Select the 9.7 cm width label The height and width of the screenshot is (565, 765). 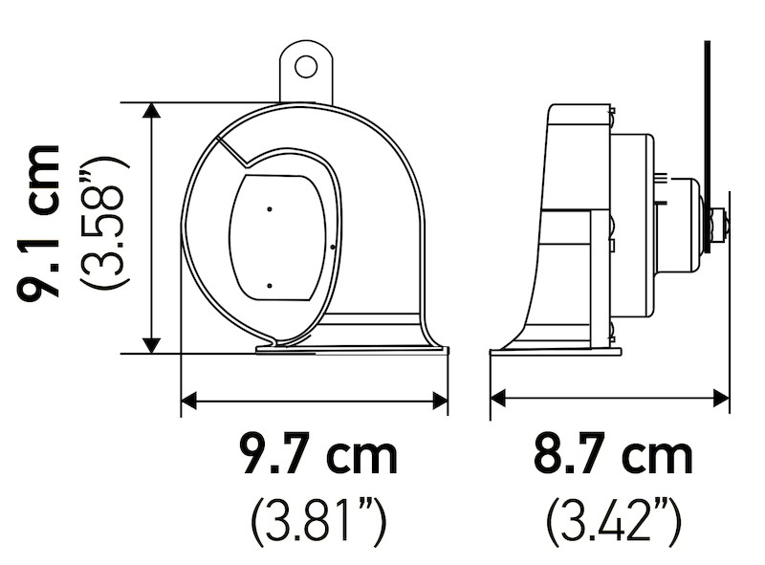click(x=318, y=456)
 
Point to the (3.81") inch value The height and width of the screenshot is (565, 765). click(x=318, y=521)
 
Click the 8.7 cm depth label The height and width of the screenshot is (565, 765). click(x=613, y=456)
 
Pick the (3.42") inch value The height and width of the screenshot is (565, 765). click(x=613, y=521)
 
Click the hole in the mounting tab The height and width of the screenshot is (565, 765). click(x=305, y=66)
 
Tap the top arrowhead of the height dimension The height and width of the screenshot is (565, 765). click(x=151, y=111)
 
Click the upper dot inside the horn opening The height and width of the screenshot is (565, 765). click(x=270, y=207)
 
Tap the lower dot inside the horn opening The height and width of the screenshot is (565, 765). click(x=270, y=285)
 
